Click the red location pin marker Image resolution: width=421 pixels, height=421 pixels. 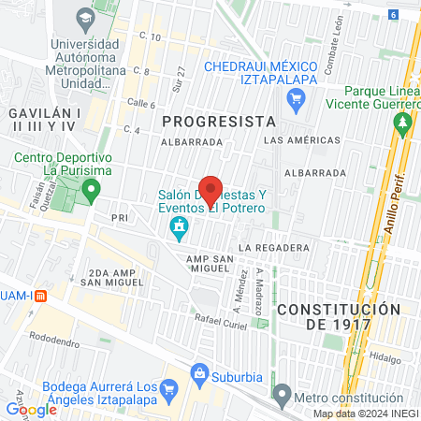click(x=210, y=190)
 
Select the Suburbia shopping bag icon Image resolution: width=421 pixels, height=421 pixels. click(x=198, y=373)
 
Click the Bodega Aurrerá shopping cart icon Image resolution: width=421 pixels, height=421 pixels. click(x=169, y=388)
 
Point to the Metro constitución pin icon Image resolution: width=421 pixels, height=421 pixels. click(x=283, y=391)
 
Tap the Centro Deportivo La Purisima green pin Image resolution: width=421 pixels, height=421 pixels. click(x=91, y=191)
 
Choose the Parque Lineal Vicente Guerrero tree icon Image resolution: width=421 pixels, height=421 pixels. click(x=404, y=123)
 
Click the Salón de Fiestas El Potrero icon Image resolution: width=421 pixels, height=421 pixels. click(x=178, y=226)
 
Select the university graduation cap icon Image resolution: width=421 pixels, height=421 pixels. click(x=85, y=18)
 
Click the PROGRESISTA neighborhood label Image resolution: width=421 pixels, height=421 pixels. click(x=220, y=121)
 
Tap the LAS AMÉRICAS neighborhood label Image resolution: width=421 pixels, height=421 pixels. click(x=302, y=139)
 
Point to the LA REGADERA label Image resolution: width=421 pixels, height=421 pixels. click(x=273, y=247)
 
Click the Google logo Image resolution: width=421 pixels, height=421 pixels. click(x=31, y=409)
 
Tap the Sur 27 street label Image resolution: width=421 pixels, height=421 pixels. click(x=181, y=80)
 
